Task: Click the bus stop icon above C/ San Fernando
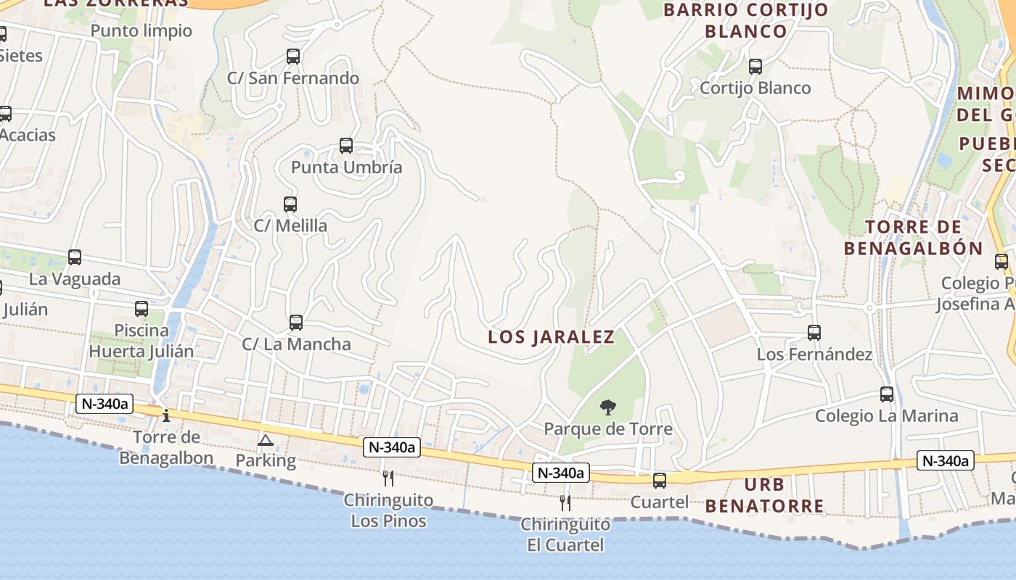(x=293, y=56)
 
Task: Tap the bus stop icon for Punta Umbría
(x=346, y=146)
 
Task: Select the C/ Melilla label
(x=290, y=225)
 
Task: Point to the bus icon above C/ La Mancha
(x=296, y=323)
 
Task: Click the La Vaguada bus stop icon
(x=75, y=257)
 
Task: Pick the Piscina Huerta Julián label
(x=142, y=341)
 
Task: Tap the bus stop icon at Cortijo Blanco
(x=755, y=67)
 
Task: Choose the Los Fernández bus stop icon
(x=814, y=333)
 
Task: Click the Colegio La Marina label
(x=886, y=416)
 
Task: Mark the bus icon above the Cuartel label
(x=660, y=480)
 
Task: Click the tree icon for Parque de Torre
(x=608, y=407)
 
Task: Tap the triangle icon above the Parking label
(x=266, y=440)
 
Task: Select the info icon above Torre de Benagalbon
(x=166, y=415)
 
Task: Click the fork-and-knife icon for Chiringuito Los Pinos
(x=388, y=478)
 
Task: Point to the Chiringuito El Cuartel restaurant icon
(x=565, y=502)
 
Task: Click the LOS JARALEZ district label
(x=552, y=337)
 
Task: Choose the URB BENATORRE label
(x=765, y=495)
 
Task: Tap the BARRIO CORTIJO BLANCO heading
(x=746, y=20)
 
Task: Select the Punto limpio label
(x=142, y=30)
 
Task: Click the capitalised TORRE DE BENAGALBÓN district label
(x=913, y=238)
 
